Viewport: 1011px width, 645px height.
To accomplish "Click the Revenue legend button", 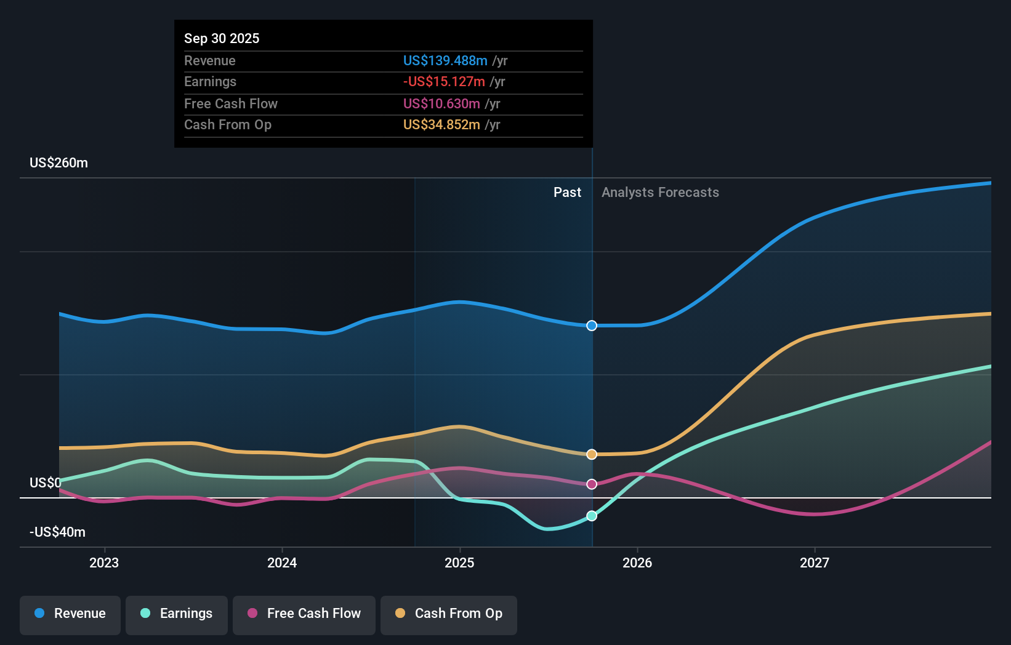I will point(70,614).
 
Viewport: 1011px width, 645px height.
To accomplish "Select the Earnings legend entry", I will point(177,614).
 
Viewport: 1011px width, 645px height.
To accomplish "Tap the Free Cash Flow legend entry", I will point(304,614).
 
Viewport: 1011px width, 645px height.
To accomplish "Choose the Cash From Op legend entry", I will point(449,614).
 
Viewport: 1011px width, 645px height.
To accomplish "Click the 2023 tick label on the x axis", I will point(104,563).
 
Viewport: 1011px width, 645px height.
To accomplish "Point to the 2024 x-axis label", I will point(282,563).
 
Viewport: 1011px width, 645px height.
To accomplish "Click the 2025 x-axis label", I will point(459,563).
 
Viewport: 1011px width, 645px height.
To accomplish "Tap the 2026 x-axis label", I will point(637,563).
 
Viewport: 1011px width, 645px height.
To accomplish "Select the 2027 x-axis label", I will point(815,563).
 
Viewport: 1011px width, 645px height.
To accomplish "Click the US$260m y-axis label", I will point(58,163).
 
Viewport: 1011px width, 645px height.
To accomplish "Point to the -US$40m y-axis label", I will point(57,532).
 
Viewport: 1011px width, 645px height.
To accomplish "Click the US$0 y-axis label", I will point(45,483).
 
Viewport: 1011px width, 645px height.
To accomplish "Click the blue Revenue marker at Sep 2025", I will point(592,326).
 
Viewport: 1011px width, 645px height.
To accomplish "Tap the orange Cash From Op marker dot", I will point(592,454).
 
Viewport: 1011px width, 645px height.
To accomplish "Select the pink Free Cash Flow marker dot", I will point(592,484).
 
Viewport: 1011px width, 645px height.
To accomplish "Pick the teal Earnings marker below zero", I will point(592,516).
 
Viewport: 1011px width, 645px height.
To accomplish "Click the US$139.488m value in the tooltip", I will point(445,61).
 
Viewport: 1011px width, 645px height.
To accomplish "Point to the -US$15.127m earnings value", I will point(444,82).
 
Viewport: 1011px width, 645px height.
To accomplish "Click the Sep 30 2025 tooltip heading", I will point(222,38).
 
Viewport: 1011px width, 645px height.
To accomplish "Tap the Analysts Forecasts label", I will point(660,193).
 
